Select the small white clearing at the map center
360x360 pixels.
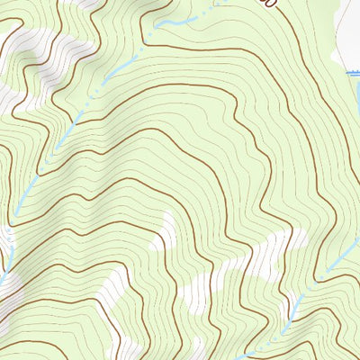click(x=165, y=232)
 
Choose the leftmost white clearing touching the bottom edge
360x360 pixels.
click(x=126, y=351)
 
